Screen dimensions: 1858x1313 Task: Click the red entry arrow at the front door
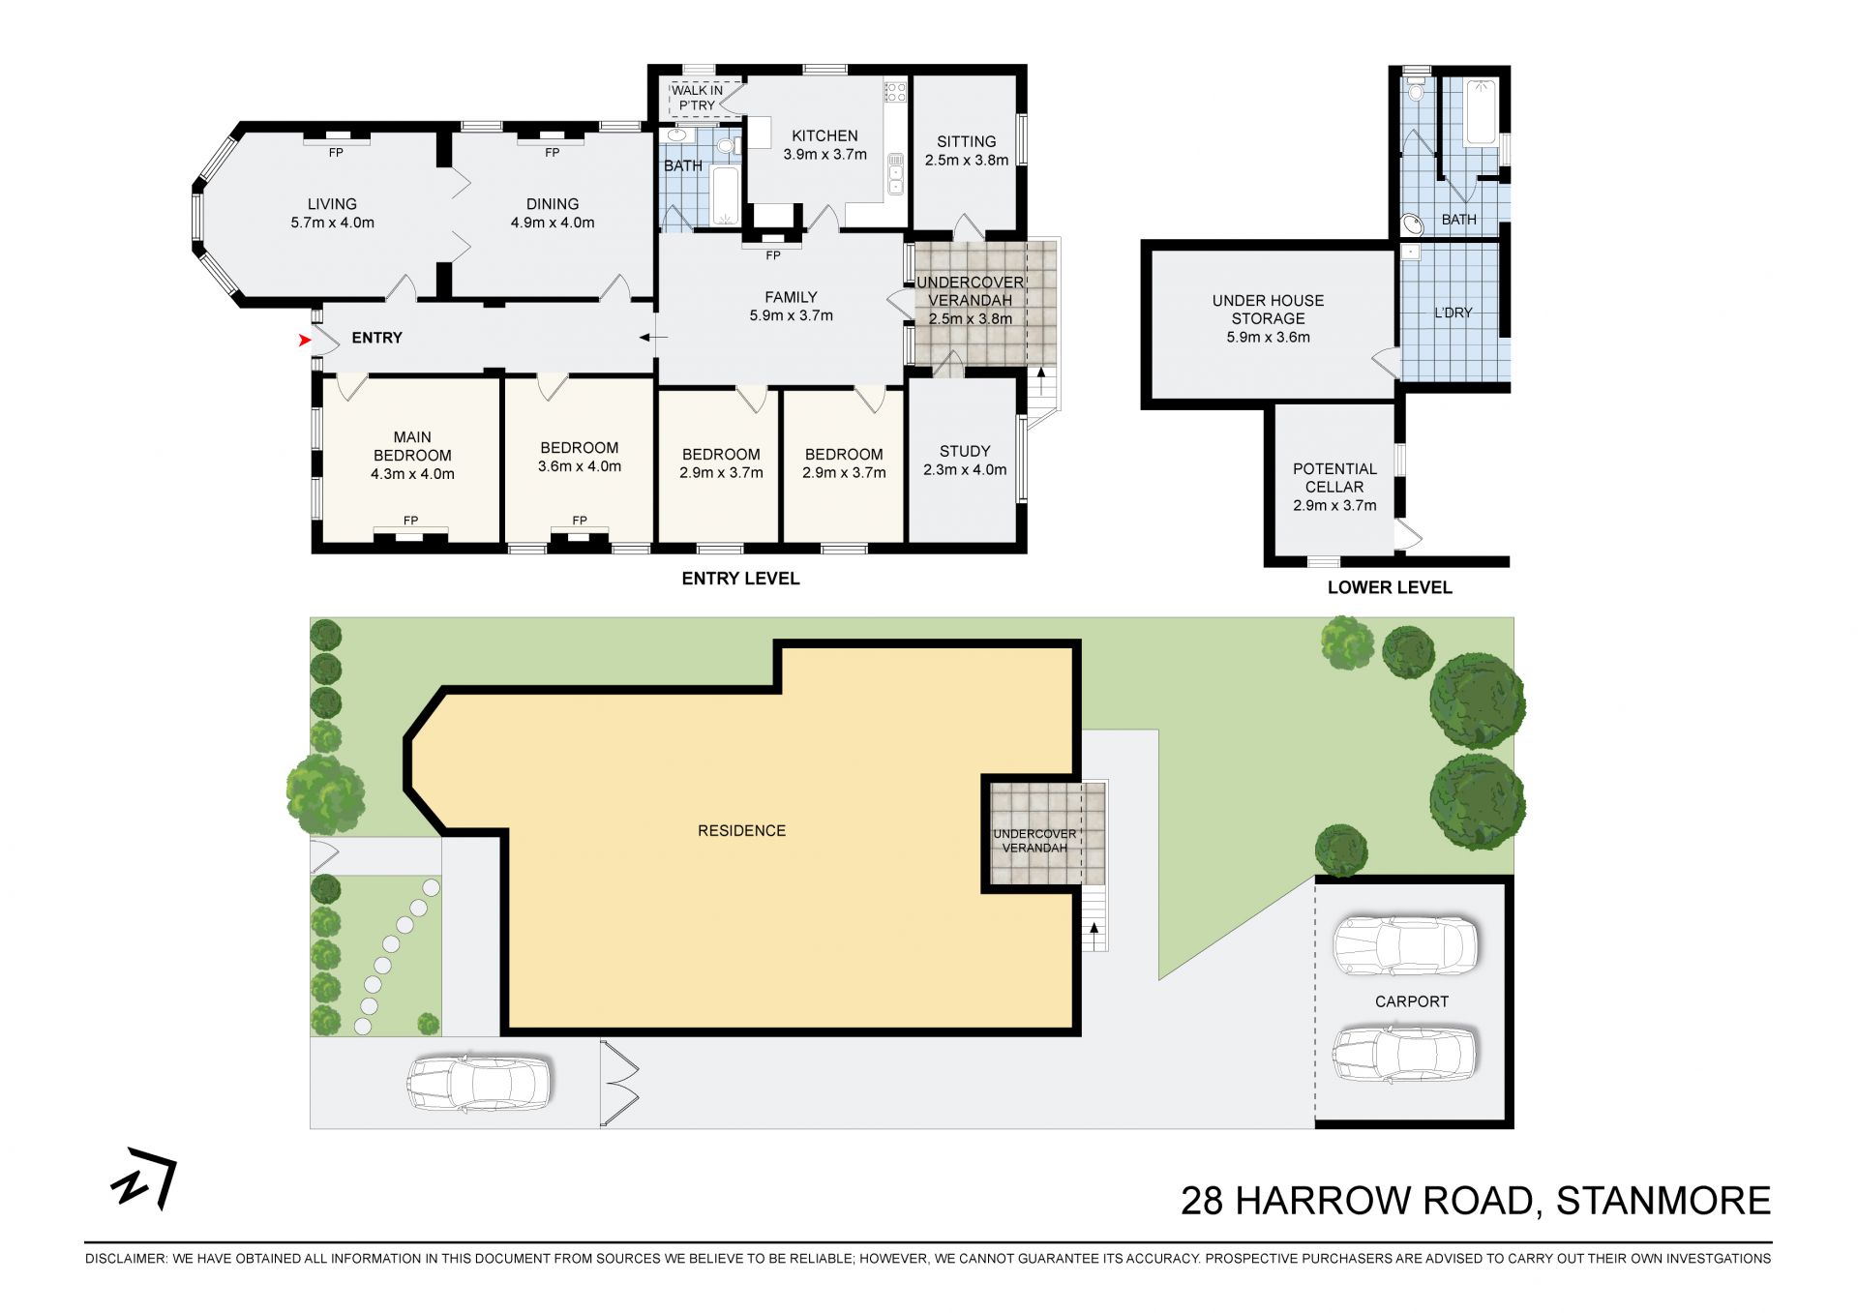click(x=305, y=340)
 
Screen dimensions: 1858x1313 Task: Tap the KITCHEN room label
click(x=824, y=136)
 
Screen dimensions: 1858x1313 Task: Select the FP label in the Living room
click(x=336, y=153)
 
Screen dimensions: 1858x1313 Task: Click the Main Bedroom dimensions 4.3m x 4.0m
click(x=412, y=474)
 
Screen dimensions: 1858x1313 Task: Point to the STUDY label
click(x=965, y=451)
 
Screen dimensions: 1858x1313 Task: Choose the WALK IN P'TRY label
click(x=697, y=98)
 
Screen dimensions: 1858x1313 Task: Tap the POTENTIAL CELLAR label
click(x=1334, y=478)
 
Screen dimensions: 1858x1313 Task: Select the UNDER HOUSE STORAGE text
click(x=1268, y=310)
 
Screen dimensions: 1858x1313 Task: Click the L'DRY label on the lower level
click(x=1453, y=313)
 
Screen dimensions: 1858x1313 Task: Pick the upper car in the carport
click(x=1405, y=945)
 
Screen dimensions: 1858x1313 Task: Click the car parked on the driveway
click(x=479, y=1083)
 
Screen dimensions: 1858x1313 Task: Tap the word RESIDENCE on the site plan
click(x=741, y=830)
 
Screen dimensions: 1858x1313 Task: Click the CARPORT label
click(x=1412, y=1001)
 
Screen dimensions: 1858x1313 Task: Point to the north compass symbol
click(x=144, y=1178)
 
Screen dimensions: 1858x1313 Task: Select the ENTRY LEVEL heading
click(x=740, y=579)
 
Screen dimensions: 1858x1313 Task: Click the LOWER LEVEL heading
click(x=1390, y=587)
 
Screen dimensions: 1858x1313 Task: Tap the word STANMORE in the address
click(x=1663, y=1201)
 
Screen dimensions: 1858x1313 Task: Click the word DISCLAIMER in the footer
click(x=125, y=1259)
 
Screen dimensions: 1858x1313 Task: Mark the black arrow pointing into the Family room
click(x=653, y=338)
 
